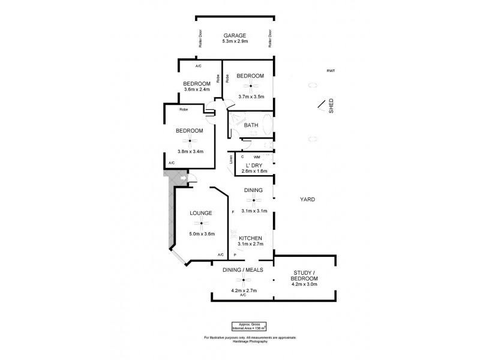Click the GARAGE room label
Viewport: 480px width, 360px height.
236,35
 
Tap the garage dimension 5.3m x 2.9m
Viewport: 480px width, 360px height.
236,42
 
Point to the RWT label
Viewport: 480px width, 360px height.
331,71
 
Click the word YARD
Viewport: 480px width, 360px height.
308,199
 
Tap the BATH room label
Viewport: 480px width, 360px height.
251,125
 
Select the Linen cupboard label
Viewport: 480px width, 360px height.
230,160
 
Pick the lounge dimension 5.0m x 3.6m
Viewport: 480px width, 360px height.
202,233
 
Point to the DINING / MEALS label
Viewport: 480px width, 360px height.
243,270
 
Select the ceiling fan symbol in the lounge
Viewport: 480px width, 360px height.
202,223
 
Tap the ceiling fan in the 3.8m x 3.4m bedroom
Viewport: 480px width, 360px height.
190,142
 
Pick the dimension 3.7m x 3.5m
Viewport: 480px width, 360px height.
250,96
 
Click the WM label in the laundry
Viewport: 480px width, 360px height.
248,157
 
